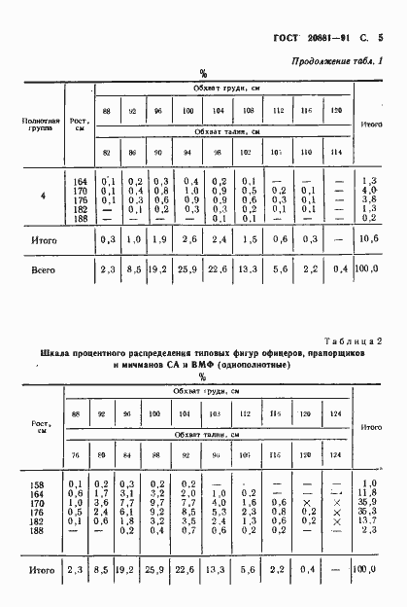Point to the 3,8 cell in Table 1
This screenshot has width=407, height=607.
(x=369, y=197)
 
